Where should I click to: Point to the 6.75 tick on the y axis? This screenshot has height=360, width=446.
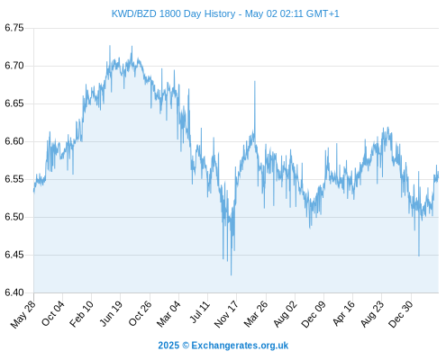pos(14,28)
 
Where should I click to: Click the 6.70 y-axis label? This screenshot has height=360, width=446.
pos(14,66)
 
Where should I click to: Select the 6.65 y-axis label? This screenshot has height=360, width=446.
pos(14,103)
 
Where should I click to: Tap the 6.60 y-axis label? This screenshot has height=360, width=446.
pos(14,141)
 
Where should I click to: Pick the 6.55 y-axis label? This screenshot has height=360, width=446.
pos(14,179)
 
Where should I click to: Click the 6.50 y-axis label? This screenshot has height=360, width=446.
pos(14,217)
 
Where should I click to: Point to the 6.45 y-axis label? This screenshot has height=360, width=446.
pos(14,255)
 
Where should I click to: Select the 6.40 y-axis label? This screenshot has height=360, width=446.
pos(14,292)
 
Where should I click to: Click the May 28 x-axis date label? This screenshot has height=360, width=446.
pos(23,314)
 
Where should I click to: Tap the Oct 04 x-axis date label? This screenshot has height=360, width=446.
pos(53,313)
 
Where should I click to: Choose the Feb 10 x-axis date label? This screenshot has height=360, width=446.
pos(81,314)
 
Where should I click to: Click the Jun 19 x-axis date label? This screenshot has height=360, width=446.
pos(111,313)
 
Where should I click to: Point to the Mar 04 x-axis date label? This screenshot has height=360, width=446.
pos(168,314)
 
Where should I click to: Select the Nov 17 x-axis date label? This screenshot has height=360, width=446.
pos(226,314)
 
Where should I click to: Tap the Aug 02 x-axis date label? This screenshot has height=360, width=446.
pos(286,314)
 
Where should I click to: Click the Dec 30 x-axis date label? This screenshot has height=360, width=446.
pos(401,314)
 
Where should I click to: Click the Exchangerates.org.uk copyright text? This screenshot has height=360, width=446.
pos(223,346)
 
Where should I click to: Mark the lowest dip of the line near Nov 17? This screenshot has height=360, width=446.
pos(231,274)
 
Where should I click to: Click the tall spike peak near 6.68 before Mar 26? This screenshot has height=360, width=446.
pos(255,81)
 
